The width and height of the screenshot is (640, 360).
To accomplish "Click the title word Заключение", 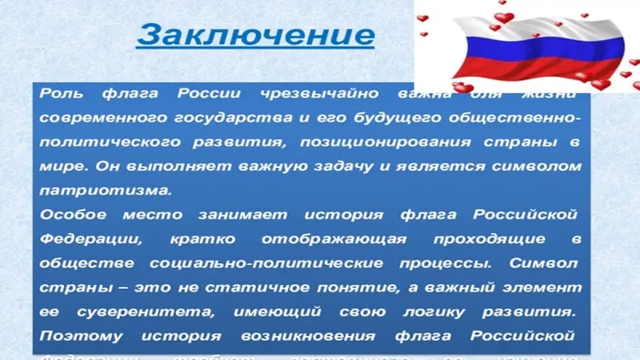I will coord(255,36).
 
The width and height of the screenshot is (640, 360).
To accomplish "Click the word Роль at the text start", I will coord(62,94).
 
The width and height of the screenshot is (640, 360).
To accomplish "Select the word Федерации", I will coord(90,239).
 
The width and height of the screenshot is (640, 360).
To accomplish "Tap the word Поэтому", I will coord(79,335).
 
